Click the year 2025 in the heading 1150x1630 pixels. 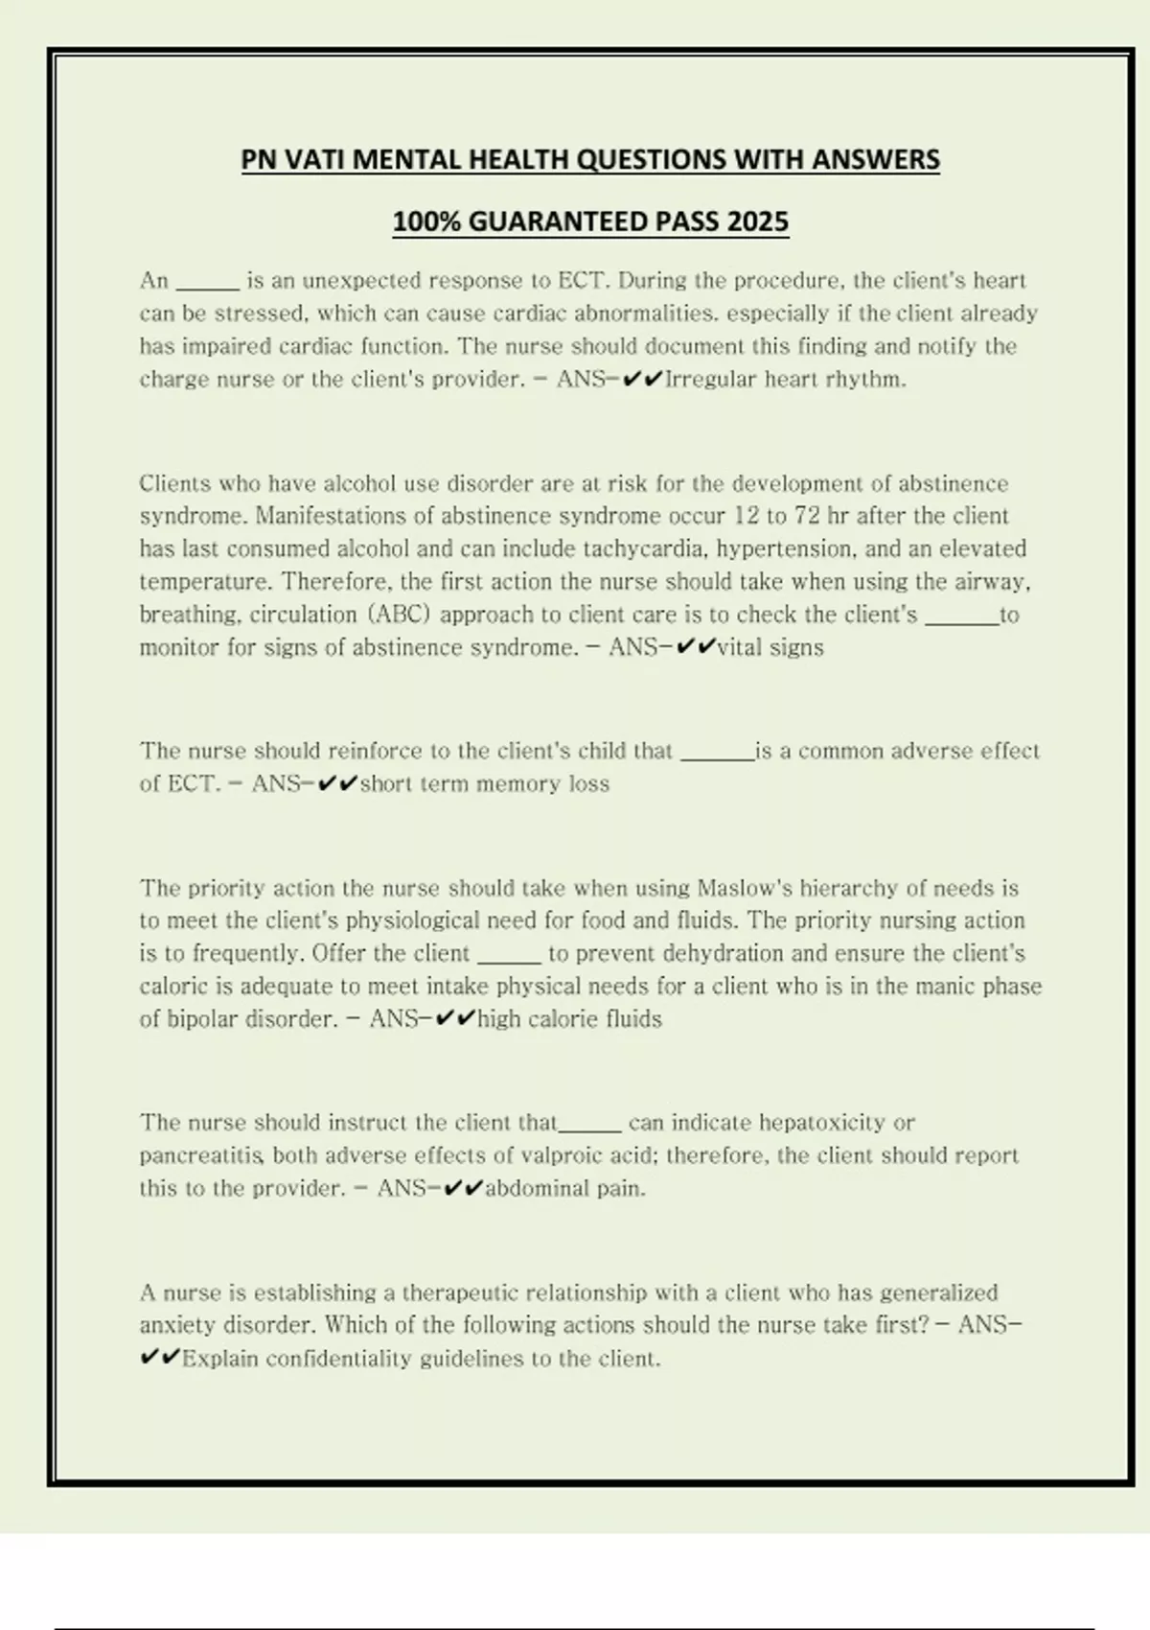click(x=757, y=221)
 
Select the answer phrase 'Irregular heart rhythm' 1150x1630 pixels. click(x=785, y=379)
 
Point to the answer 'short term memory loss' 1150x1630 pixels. click(x=485, y=783)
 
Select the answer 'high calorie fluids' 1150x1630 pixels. click(x=569, y=1018)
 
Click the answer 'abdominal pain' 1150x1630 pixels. click(x=564, y=1188)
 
